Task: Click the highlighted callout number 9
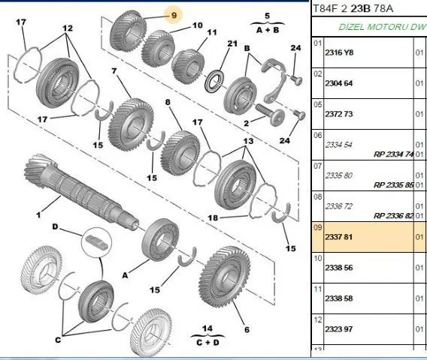pos(174,16)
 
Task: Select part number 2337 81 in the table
pos(339,237)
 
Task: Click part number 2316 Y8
pos(339,52)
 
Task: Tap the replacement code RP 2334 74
pos(393,154)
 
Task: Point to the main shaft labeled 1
pos(82,191)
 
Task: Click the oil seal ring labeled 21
pos(214,81)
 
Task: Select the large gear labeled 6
pos(225,277)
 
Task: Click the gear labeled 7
pos(132,124)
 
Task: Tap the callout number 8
pos(168,102)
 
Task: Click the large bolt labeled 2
pos(270,115)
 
